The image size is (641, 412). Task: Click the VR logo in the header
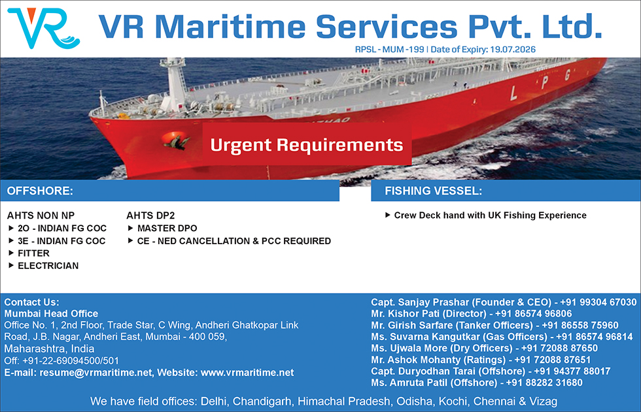pyautogui.click(x=43, y=27)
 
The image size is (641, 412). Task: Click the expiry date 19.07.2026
pyautogui.click(x=513, y=50)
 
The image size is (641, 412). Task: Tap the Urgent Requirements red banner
pyautogui.click(x=307, y=144)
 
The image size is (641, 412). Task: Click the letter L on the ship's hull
pyautogui.click(x=513, y=94)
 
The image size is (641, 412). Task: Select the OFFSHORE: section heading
pyautogui.click(x=40, y=191)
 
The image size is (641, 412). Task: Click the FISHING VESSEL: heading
pyautogui.click(x=433, y=191)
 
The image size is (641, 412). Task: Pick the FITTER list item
pyautogui.click(x=33, y=253)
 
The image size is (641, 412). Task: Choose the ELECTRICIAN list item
pyautogui.click(x=48, y=266)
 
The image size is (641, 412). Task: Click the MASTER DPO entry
pyautogui.click(x=167, y=229)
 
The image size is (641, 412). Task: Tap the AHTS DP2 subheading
pyautogui.click(x=150, y=215)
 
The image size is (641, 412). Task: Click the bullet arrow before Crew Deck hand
pyautogui.click(x=387, y=215)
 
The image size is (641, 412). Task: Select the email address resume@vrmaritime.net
pyautogui.click(x=95, y=373)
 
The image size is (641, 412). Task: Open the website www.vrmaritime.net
pyautogui.click(x=247, y=373)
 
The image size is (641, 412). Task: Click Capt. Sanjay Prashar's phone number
pyautogui.click(x=598, y=302)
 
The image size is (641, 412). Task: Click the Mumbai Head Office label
pyautogui.click(x=51, y=313)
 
